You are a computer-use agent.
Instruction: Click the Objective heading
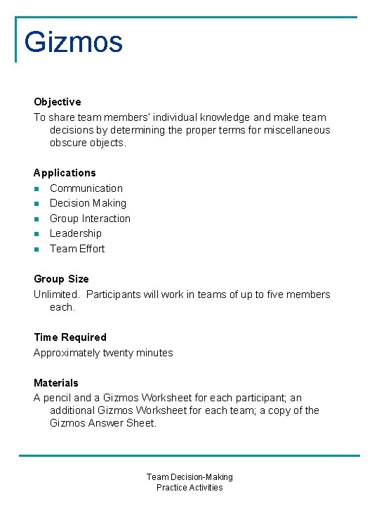[x=57, y=102]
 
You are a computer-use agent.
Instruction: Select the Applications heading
[x=65, y=173]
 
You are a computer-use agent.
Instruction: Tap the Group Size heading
[x=61, y=279]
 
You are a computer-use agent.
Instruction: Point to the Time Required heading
[x=70, y=337]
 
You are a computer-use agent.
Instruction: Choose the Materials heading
[x=56, y=383]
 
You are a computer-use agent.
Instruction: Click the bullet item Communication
[x=86, y=188]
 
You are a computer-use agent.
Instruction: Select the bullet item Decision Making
[x=88, y=203]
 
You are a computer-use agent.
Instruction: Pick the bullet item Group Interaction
[x=90, y=219]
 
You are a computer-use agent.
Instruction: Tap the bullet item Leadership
[x=75, y=233]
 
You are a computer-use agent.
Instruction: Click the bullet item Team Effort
[x=77, y=249]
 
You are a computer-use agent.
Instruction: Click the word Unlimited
[x=56, y=294]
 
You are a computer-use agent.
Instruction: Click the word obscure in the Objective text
[x=69, y=143]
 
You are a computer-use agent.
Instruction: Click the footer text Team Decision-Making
[x=189, y=477]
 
